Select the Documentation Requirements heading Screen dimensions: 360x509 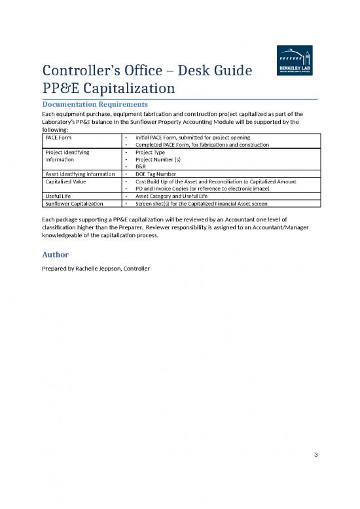point(95,104)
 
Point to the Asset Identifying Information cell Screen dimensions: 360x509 point(79,173)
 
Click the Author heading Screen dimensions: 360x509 point(56,254)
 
